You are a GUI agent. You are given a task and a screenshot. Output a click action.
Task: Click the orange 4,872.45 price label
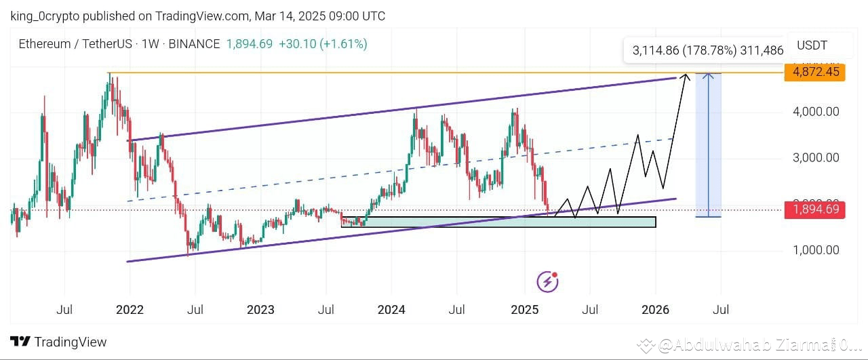[x=814, y=72]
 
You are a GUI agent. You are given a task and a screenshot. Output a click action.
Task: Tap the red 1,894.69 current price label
[x=814, y=209]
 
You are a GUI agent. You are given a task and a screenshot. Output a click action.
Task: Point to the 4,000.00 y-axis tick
[x=816, y=111]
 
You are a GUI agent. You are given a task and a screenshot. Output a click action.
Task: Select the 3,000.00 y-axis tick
[x=816, y=158]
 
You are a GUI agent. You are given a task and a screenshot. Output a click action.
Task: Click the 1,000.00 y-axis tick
[x=816, y=250]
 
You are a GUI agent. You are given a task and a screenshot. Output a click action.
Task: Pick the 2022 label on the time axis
[x=130, y=310]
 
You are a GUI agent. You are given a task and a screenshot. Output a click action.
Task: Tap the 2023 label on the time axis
[x=260, y=310]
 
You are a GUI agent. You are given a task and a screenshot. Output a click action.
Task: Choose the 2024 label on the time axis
[x=391, y=310]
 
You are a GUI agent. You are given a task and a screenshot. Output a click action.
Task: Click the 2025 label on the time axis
[x=524, y=310]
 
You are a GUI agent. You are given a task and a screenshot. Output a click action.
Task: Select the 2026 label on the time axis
[x=655, y=310]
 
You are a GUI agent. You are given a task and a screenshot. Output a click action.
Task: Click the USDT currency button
[x=812, y=46]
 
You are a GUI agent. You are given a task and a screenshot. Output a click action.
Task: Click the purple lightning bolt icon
[x=547, y=281]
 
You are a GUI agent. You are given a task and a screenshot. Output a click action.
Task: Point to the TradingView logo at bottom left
[x=58, y=342]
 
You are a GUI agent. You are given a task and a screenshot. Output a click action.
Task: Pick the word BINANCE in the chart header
[x=194, y=44]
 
